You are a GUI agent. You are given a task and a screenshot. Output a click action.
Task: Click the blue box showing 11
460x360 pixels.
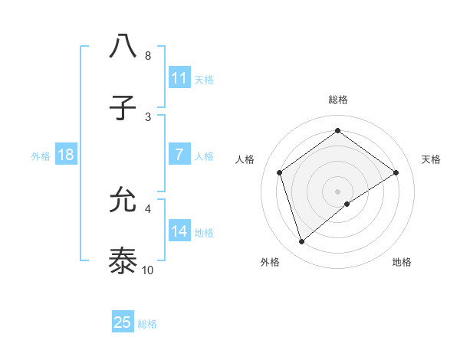pyautogui.click(x=179, y=78)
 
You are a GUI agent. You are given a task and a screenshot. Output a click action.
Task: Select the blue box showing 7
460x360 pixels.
pyautogui.click(x=179, y=155)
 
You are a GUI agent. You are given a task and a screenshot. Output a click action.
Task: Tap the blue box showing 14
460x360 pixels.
pyautogui.click(x=179, y=231)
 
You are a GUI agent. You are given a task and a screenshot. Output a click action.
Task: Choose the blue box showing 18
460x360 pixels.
pyautogui.click(x=66, y=155)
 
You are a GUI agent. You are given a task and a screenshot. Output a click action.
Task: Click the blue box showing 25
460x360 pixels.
pyautogui.click(x=123, y=322)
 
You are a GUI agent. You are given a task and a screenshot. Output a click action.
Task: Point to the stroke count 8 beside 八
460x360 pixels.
pyautogui.click(x=147, y=56)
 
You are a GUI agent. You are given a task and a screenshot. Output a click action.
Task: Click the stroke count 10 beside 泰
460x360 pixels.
pyautogui.click(x=148, y=270)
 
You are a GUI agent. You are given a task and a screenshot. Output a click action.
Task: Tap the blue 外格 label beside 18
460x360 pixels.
pyautogui.click(x=41, y=155)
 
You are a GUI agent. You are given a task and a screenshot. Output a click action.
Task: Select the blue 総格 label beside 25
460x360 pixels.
pyautogui.click(x=147, y=323)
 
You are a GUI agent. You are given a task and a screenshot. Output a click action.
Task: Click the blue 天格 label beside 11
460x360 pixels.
pyautogui.click(x=204, y=79)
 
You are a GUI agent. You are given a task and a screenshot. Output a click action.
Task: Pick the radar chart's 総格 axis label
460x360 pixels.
pyautogui.click(x=337, y=100)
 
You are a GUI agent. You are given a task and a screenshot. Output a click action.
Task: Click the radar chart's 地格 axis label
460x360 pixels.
pyautogui.click(x=402, y=262)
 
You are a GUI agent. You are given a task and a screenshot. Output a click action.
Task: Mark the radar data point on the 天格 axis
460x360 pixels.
pyautogui.click(x=396, y=172)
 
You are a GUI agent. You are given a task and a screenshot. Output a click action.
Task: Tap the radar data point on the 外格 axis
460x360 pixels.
pyautogui.click(x=302, y=242)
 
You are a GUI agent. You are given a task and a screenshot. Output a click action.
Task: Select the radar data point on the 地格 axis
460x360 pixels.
pyautogui.click(x=347, y=204)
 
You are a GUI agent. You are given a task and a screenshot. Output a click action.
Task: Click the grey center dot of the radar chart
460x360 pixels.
pyautogui.click(x=337, y=190)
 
